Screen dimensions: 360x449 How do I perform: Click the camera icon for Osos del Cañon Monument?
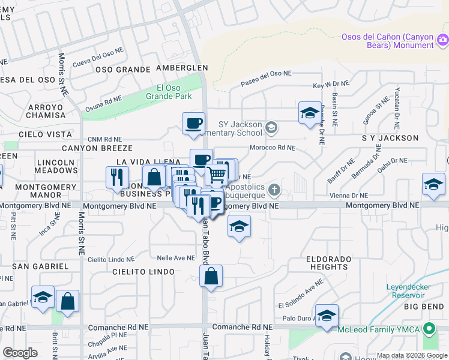(x=442, y=40)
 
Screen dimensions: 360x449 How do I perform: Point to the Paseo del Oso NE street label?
(x=266, y=79)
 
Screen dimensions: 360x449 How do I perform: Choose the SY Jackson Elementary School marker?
(x=272, y=127)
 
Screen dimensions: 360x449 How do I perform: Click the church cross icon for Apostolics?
(x=274, y=190)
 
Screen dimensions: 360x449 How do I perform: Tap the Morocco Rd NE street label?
(x=273, y=148)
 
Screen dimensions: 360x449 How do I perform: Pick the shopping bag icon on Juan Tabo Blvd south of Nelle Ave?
(x=211, y=277)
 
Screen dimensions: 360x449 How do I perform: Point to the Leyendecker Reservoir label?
(x=409, y=292)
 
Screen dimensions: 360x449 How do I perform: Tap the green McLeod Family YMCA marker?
(x=429, y=328)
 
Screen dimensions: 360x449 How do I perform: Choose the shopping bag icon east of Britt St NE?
(x=68, y=302)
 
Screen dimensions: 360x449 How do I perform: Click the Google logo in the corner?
(x=20, y=353)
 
